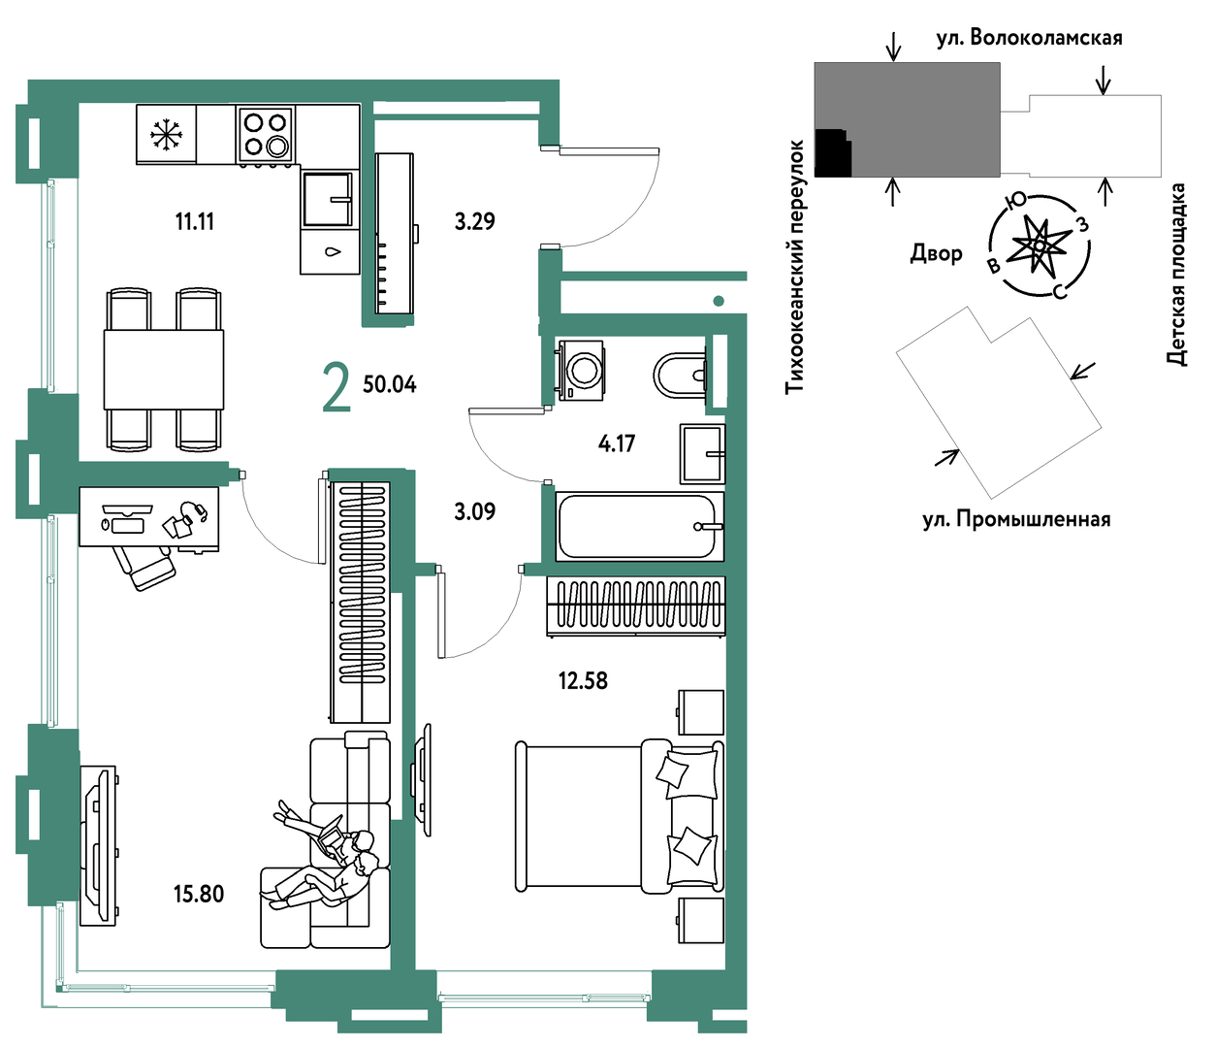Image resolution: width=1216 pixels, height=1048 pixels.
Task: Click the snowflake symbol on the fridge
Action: [x=166, y=135]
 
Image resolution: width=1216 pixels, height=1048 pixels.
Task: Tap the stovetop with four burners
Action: [x=266, y=134]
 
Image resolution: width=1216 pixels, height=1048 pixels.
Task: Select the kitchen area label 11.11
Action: [x=195, y=222]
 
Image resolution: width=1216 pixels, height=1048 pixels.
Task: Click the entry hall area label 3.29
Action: [x=475, y=221]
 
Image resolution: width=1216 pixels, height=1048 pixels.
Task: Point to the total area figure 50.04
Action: [x=390, y=384]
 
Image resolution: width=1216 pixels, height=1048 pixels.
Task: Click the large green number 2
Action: [x=337, y=387]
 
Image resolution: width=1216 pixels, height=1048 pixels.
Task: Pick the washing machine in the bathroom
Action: [x=580, y=371]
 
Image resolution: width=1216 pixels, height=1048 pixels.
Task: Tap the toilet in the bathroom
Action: [x=679, y=375]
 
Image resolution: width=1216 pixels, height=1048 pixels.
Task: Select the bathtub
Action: [x=640, y=526]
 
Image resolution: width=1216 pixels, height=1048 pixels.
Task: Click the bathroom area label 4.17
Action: [x=617, y=443]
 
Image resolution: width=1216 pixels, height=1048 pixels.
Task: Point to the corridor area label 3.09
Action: [x=475, y=511]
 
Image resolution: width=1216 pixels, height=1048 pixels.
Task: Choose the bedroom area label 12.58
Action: [x=583, y=680]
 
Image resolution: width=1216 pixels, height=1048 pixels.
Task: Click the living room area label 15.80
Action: [x=199, y=894]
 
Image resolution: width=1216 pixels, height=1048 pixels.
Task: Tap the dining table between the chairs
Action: [x=164, y=370]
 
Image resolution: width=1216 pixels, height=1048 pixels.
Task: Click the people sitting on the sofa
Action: [x=325, y=855]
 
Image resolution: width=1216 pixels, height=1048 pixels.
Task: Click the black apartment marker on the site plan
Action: [x=833, y=153]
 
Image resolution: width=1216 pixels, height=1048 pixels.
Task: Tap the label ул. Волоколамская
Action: [x=1029, y=38]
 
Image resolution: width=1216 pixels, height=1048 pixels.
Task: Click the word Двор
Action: [x=937, y=253]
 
